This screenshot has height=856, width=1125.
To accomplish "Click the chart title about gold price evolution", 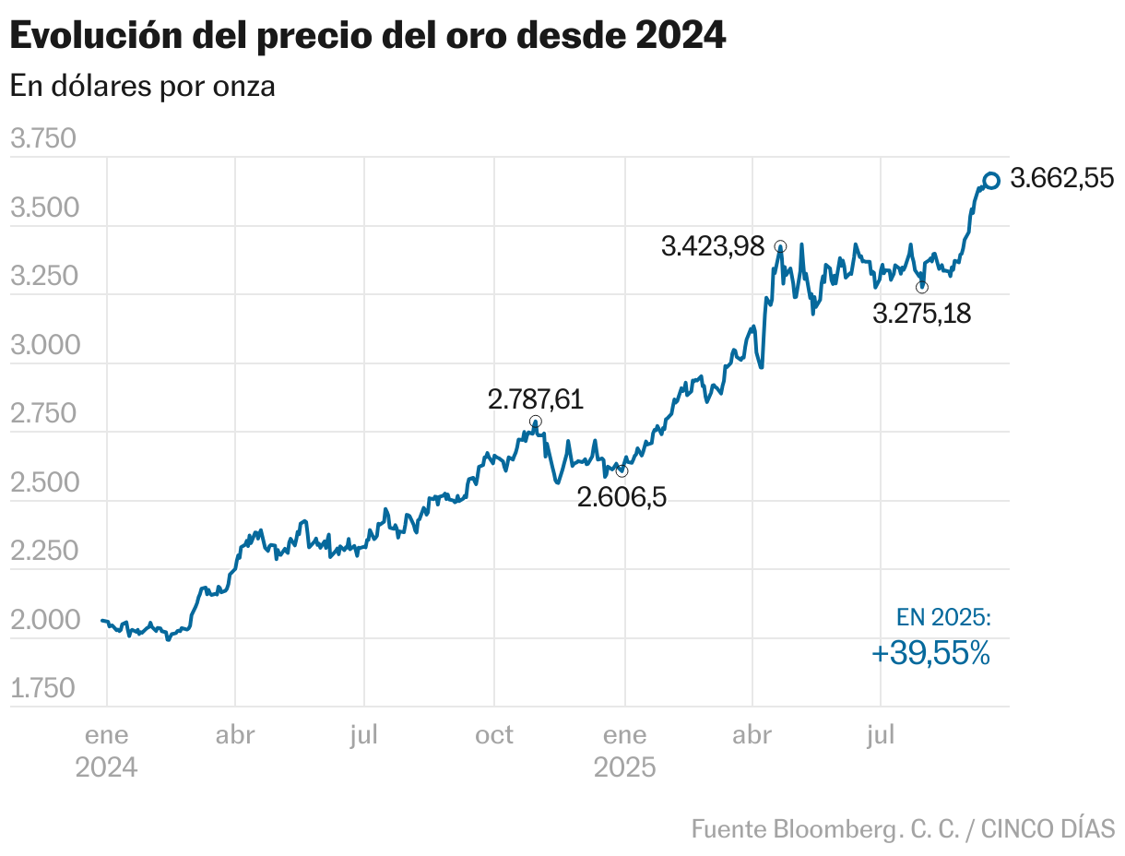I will point(367,36).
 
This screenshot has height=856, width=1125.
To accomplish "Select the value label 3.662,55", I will point(1062,179).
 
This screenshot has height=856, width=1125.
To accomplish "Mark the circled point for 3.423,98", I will point(780,246).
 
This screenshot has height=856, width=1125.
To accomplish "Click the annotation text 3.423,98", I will point(714,247).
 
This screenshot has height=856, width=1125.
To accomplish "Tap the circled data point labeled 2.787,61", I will point(536,422).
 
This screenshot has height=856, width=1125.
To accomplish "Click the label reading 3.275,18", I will point(921,314).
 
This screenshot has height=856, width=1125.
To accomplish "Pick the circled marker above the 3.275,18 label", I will point(922,287).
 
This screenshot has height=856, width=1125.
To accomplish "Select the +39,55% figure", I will point(930,654).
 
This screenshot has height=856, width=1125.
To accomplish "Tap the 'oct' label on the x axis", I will point(494,735).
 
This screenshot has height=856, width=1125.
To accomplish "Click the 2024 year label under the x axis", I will point(106,767).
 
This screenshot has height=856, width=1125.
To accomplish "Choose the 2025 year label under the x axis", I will point(624,767).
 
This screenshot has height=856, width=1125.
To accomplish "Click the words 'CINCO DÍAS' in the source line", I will point(1048,827).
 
